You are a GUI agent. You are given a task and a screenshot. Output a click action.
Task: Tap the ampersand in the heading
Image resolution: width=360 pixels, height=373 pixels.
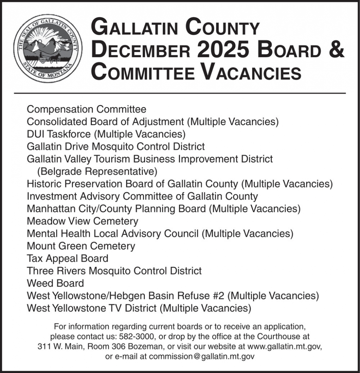336,50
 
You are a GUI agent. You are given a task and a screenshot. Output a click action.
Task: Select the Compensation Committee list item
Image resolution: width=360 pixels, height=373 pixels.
86,109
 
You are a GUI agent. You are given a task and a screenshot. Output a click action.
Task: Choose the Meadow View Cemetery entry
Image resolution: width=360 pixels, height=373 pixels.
83,221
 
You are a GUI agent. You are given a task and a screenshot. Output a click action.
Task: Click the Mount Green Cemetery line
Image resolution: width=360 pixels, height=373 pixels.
81,246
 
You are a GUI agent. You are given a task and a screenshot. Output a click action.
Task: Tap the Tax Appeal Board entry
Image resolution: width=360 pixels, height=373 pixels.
68,258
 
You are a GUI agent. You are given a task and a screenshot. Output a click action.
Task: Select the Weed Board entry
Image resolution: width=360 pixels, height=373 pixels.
55,283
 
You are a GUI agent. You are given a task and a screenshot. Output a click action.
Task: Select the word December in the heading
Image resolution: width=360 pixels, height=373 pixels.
141,50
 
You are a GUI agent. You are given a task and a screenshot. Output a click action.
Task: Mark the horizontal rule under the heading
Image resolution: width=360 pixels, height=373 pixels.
180,93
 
